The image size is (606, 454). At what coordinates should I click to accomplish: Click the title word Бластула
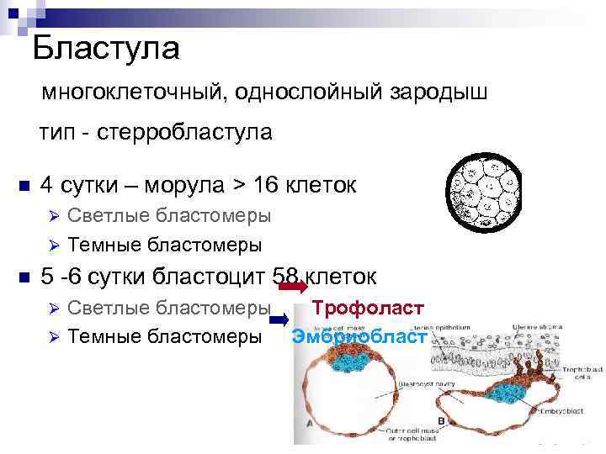click(106, 48)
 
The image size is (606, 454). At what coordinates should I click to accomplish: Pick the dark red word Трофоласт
click(367, 308)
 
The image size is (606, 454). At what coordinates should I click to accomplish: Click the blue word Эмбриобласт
click(359, 337)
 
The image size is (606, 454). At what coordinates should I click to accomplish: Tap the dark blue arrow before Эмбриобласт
click(282, 319)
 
